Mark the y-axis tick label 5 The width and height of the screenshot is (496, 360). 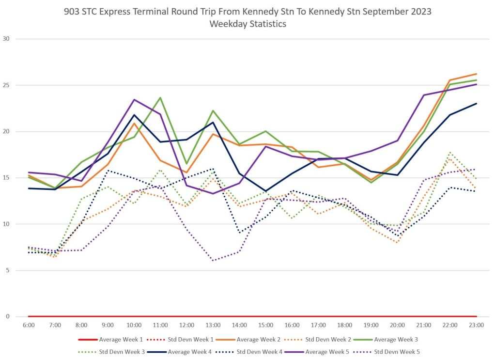pyautogui.click(x=7, y=270)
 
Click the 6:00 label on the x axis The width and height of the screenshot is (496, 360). pyautogui.click(x=29, y=325)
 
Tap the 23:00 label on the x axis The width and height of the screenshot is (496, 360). pyautogui.click(x=477, y=325)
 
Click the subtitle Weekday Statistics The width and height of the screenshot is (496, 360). pyautogui.click(x=248, y=24)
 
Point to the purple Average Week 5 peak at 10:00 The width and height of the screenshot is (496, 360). pyautogui.click(x=134, y=100)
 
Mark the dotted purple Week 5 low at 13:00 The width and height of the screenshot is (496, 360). pyautogui.click(x=213, y=261)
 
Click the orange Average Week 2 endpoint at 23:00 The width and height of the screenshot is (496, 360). pyautogui.click(x=477, y=74)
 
